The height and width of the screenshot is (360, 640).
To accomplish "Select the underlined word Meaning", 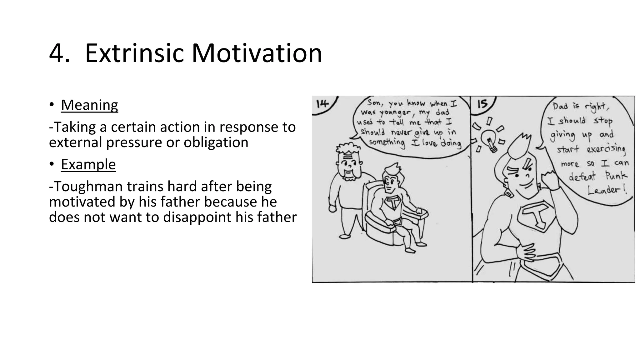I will click(89, 105).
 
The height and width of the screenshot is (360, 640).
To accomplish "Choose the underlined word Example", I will click(88, 164).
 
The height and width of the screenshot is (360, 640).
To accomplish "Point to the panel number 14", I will click(322, 104).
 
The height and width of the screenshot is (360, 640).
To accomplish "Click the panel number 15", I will click(482, 104).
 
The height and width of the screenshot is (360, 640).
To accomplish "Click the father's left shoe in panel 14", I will click(345, 237).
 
